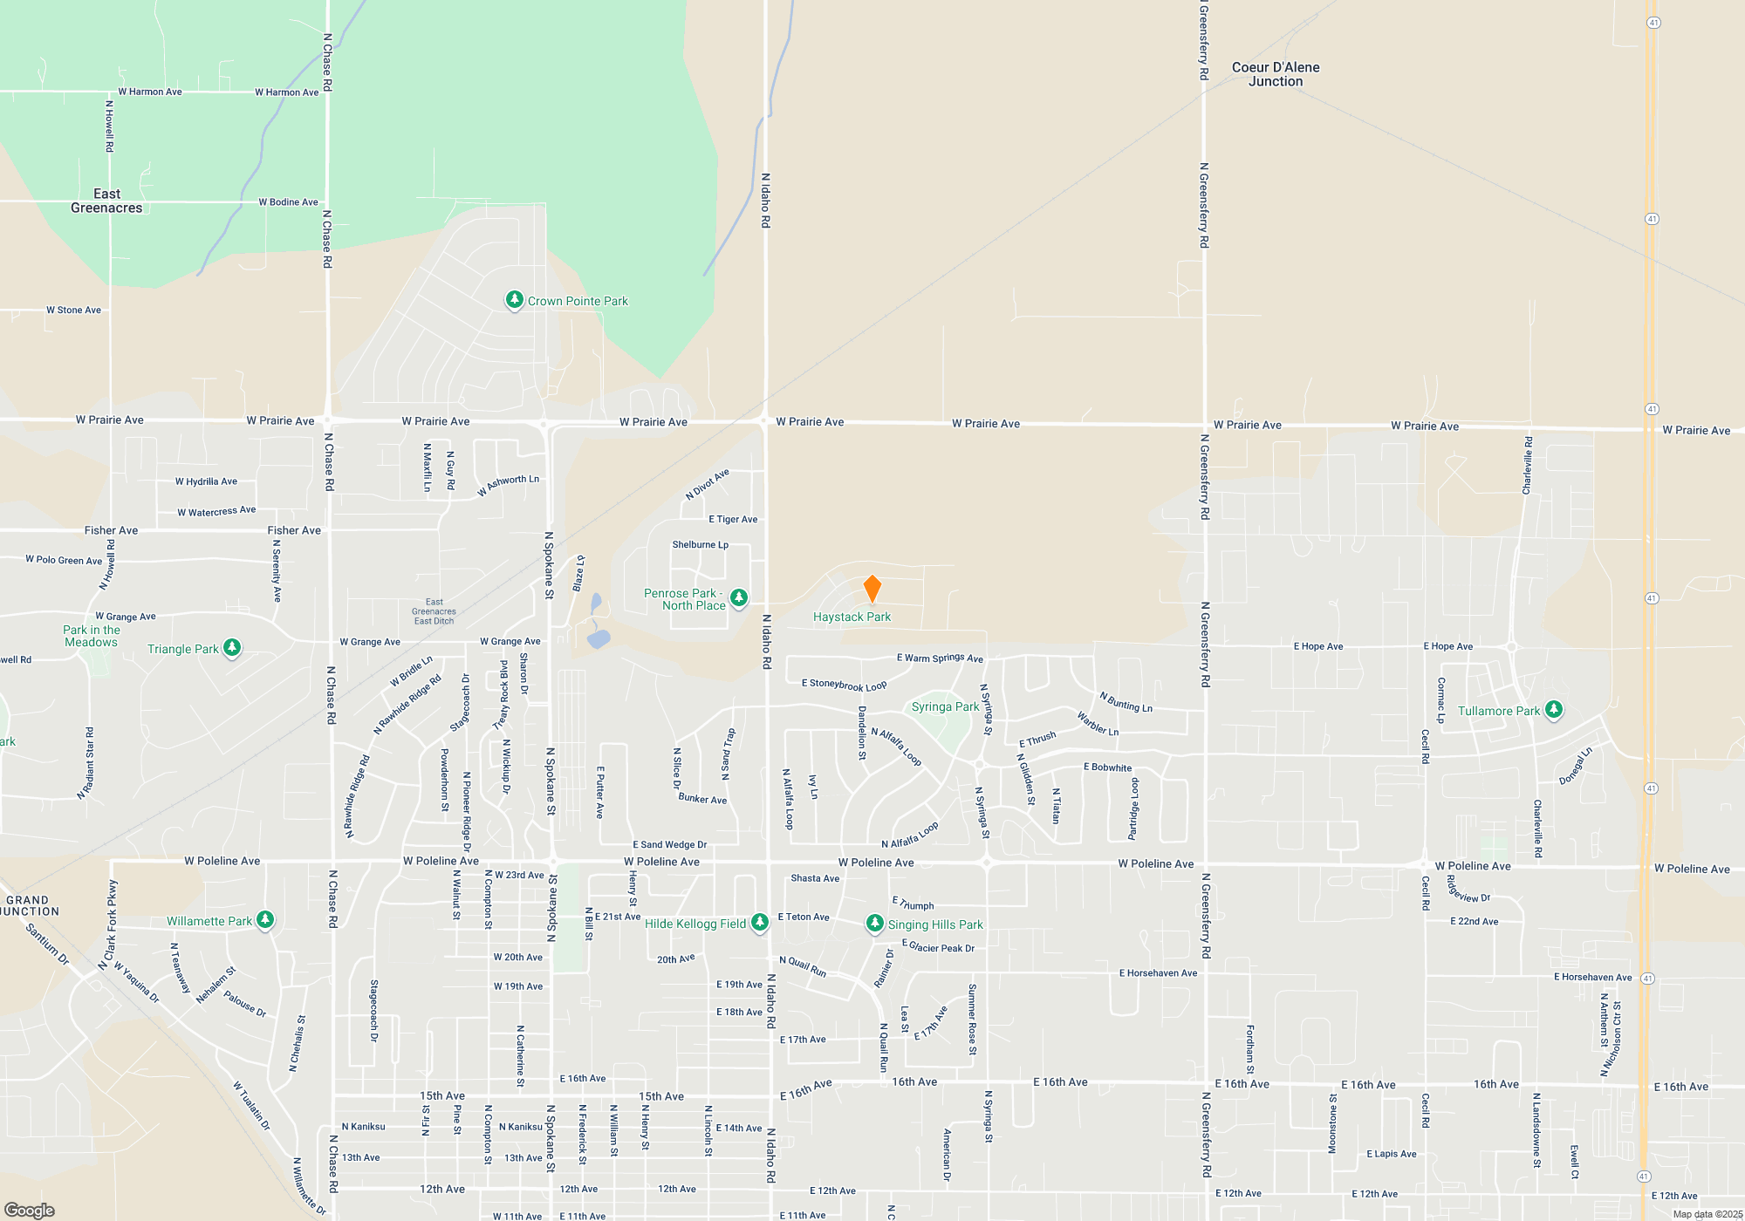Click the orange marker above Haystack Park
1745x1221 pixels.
pyautogui.click(x=872, y=589)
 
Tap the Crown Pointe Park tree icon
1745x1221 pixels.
pyautogui.click(x=515, y=300)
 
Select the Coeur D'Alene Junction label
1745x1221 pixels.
pyautogui.click(x=1275, y=74)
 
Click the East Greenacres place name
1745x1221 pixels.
pyautogui.click(x=106, y=201)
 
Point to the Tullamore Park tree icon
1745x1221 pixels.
pyautogui.click(x=1554, y=710)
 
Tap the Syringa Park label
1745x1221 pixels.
pyautogui.click(x=945, y=706)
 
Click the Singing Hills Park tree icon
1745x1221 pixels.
pyautogui.click(x=874, y=924)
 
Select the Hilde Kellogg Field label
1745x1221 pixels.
pyautogui.click(x=695, y=924)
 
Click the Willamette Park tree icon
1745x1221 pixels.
pyautogui.click(x=265, y=920)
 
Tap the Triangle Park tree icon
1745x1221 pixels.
pyautogui.click(x=232, y=647)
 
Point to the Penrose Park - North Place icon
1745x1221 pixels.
pyautogui.click(x=739, y=597)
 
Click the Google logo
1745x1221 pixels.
pyautogui.click(x=30, y=1211)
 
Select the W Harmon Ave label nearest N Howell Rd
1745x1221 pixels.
pyautogui.click(x=150, y=92)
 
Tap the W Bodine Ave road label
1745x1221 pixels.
pyautogui.click(x=288, y=202)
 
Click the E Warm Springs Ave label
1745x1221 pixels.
pyautogui.click(x=940, y=658)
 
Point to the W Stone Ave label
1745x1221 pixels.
pyautogui.click(x=74, y=310)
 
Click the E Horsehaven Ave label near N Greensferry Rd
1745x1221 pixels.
pyautogui.click(x=1158, y=973)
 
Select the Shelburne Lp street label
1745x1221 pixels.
pyautogui.click(x=700, y=545)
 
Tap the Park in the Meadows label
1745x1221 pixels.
pyautogui.click(x=92, y=636)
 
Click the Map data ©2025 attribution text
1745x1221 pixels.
pyautogui.click(x=1707, y=1214)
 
